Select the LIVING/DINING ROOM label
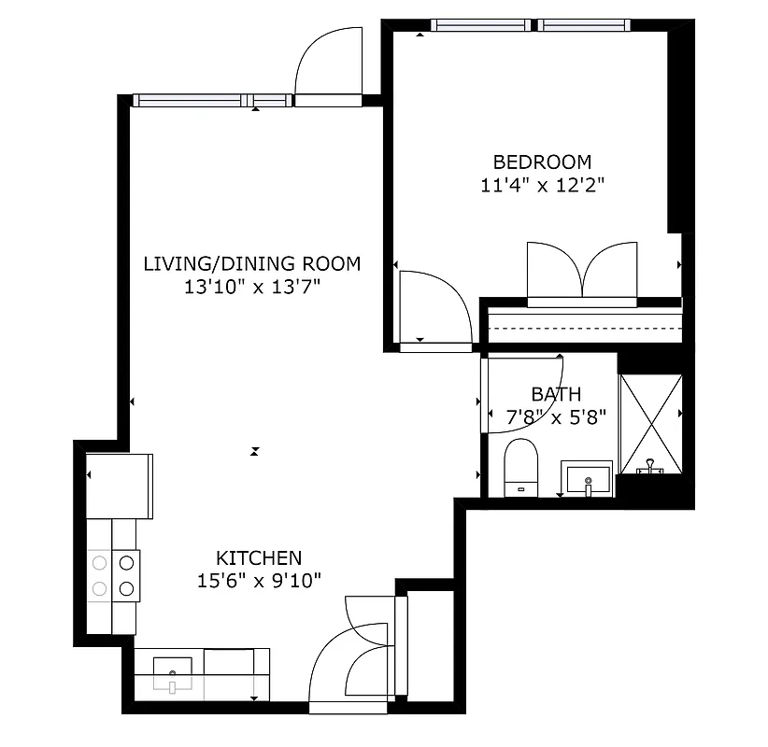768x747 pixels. (x=251, y=263)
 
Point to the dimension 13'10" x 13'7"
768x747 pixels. (x=252, y=287)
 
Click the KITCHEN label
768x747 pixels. (x=259, y=558)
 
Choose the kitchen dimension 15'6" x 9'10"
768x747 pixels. (x=260, y=581)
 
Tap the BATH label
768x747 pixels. (x=556, y=394)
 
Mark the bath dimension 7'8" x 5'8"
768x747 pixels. (x=557, y=416)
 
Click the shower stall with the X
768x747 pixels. (x=651, y=423)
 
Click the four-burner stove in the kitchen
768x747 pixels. (x=113, y=575)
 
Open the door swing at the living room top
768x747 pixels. (x=327, y=65)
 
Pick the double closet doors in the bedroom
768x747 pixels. (x=582, y=273)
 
